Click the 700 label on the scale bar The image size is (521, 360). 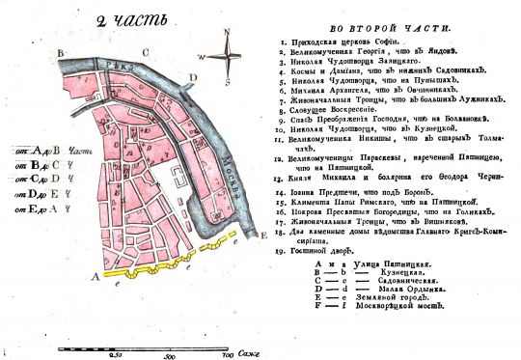(229, 354)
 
